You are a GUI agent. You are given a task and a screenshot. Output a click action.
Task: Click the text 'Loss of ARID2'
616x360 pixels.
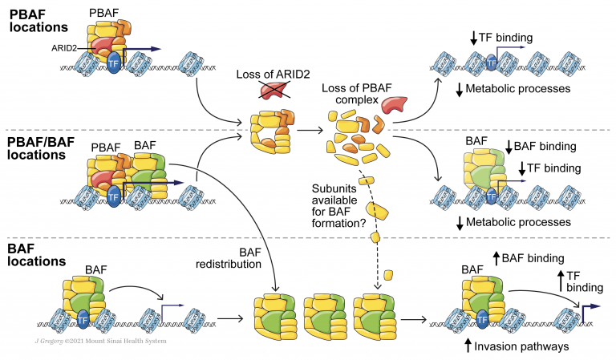click(x=270, y=75)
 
